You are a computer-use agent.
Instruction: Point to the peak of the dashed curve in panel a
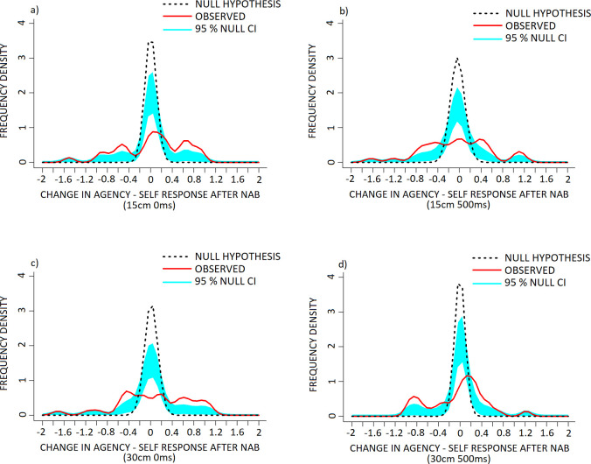pyautogui.click(x=151, y=41)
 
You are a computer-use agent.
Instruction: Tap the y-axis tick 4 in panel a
pyautogui.click(x=33, y=22)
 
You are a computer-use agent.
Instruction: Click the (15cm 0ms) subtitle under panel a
pyautogui.click(x=151, y=194)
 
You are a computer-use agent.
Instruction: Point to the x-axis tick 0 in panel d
pyautogui.click(x=460, y=432)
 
